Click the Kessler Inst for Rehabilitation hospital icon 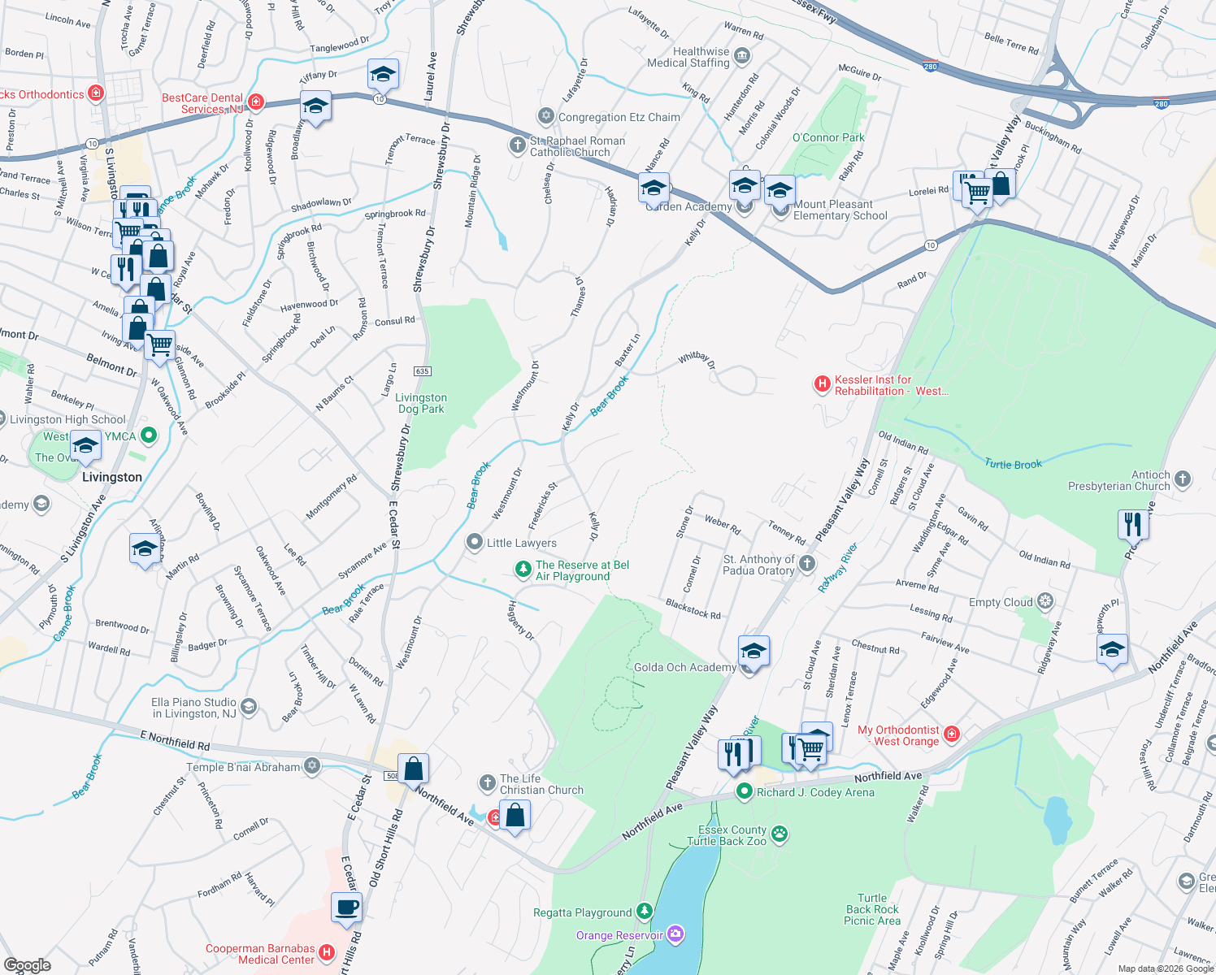click(822, 384)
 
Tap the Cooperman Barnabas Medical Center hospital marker click(327, 952)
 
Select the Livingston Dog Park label click(421, 403)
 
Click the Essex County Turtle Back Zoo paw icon click(780, 834)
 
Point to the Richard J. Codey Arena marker click(744, 791)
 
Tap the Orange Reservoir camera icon click(675, 934)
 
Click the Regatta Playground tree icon click(645, 912)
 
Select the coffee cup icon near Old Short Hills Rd click(347, 907)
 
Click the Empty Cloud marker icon click(1045, 601)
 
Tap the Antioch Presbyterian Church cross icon click(1183, 479)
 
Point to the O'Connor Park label click(828, 137)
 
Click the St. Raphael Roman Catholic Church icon click(517, 145)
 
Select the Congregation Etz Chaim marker click(545, 117)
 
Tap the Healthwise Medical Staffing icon click(741, 56)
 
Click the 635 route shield click(421, 371)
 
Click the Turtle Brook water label click(1013, 464)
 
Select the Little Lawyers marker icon click(475, 542)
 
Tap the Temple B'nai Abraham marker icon click(312, 766)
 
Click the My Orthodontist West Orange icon click(951, 734)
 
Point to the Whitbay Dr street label click(697, 360)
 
